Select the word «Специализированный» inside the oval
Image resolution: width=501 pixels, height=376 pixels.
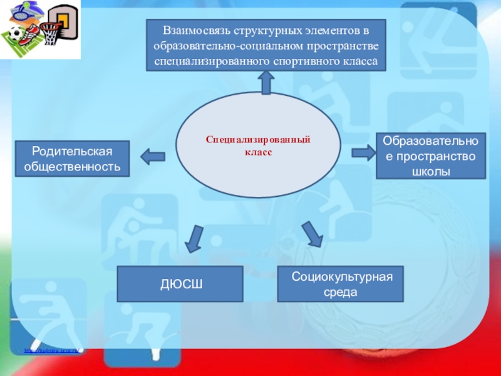click(259, 142)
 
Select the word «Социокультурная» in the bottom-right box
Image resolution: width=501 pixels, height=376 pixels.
click(341, 277)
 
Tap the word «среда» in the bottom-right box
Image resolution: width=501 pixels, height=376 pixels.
click(341, 291)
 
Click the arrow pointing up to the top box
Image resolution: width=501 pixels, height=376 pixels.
click(265, 80)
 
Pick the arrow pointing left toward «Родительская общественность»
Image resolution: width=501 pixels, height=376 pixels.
click(152, 154)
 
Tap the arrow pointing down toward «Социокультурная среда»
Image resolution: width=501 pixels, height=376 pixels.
click(311, 233)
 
